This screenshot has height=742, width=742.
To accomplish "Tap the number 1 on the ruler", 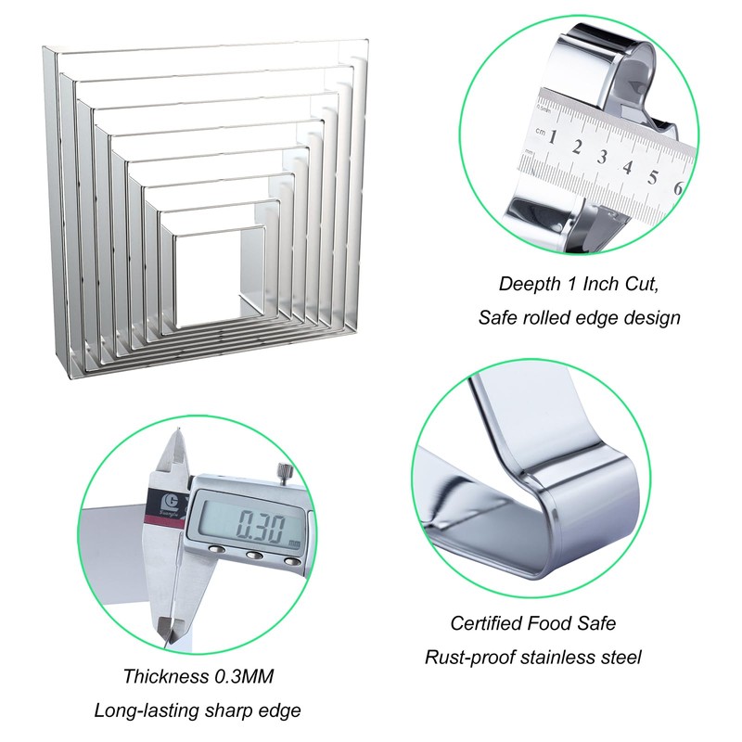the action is click(x=552, y=136).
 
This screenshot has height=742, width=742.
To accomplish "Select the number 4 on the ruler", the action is click(x=628, y=167).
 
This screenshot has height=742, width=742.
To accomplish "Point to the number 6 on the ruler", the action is click(x=678, y=188).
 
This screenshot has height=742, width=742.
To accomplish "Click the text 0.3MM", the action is click(x=244, y=676).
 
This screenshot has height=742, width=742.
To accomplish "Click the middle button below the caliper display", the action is click(x=254, y=555).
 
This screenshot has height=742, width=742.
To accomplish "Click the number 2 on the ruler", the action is click(x=576, y=147).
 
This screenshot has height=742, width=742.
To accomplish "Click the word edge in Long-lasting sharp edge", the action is click(x=279, y=710).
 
